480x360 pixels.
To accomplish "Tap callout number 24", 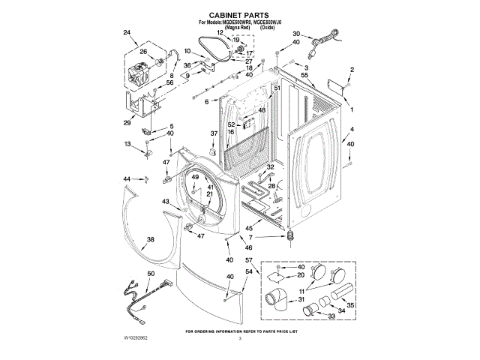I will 126,31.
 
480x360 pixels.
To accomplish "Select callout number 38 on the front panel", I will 150,239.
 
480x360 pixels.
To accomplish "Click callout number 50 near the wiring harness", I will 151,274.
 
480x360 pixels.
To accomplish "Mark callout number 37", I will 213,133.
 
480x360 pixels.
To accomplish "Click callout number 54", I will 248,271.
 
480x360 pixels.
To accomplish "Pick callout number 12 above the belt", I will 220,34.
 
